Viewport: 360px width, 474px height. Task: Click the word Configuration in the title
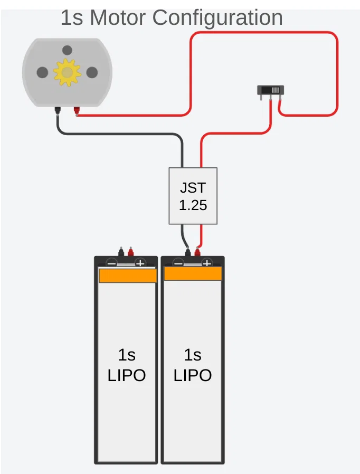pos(217,17)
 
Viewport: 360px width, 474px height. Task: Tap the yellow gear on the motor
pos(67,73)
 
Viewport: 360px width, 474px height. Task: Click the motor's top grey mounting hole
pos(67,51)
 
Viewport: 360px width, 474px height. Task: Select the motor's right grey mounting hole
pos(92,73)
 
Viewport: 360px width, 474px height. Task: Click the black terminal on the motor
pos(57,110)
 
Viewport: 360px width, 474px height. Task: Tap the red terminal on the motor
pos(77,111)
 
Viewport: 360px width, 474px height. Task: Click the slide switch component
pos(271,90)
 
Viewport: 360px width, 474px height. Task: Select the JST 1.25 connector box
pos(193,196)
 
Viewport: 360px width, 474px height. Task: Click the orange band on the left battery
pos(127,276)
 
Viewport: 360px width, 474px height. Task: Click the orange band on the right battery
pos(193,273)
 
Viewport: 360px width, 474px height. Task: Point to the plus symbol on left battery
pos(140,263)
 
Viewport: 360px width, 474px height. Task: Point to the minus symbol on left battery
pos(112,263)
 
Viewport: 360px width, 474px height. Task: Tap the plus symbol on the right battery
pos(207,263)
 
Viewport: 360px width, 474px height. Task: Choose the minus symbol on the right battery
pos(178,263)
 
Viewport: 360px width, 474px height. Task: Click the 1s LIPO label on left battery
pos(127,365)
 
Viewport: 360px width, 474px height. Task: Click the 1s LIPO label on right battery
pos(193,365)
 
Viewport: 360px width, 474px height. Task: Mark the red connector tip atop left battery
pos(130,252)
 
